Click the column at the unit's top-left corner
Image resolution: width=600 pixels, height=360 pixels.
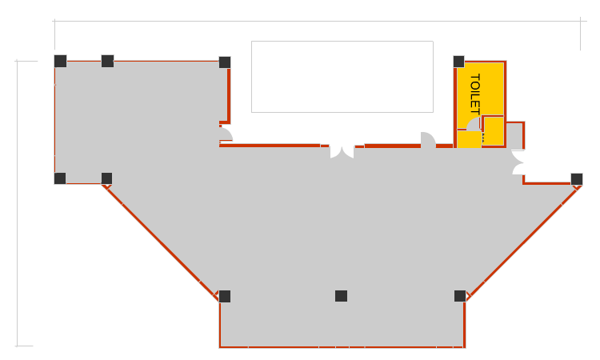(60, 61)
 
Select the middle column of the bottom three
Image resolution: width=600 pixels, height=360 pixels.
(342, 296)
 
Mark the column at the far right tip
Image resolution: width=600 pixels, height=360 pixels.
(576, 178)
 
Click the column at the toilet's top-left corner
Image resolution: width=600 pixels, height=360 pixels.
(458, 61)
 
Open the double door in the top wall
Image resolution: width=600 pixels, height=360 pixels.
(342, 151)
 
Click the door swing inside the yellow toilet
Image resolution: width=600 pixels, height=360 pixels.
(474, 124)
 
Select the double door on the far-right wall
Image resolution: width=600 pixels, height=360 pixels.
(518, 163)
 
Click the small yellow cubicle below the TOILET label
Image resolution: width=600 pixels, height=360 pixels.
(493, 131)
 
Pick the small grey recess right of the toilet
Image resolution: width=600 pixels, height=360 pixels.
(515, 136)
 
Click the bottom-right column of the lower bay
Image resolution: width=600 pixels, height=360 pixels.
(460, 296)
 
